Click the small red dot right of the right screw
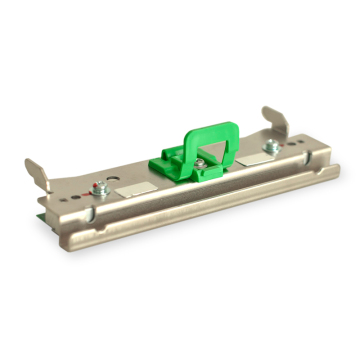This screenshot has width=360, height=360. click(x=279, y=146)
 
